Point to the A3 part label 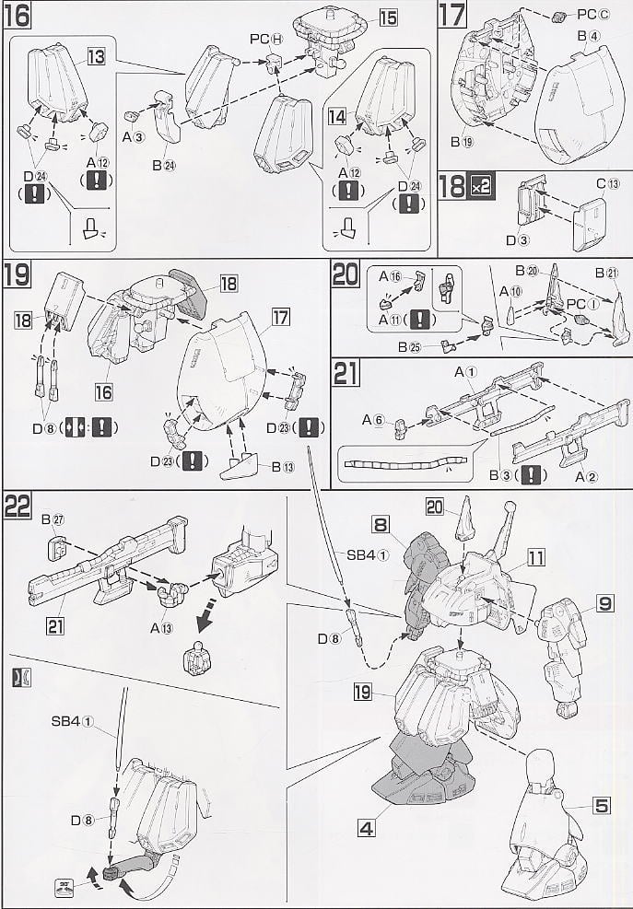134,137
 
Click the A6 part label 372,418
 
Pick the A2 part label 588,475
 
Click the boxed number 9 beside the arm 604,604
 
